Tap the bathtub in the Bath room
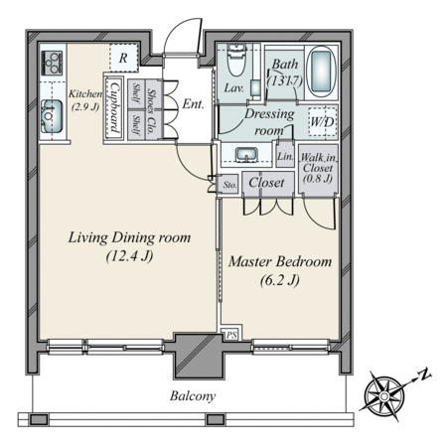coord(321,72)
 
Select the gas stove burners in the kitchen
coord(52,63)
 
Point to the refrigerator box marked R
coord(123,58)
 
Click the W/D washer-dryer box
coord(322,121)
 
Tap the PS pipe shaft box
coord(231,335)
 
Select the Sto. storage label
coord(229,185)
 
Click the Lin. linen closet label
coord(285,156)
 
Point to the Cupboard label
coord(114,107)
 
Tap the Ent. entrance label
coord(193,104)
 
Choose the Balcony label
coord(193,396)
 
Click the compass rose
coord(384,396)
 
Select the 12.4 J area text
coord(129,256)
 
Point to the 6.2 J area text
coord(280,281)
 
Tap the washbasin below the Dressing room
coord(246,155)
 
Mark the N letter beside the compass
coord(424,374)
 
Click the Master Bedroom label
coord(280,261)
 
